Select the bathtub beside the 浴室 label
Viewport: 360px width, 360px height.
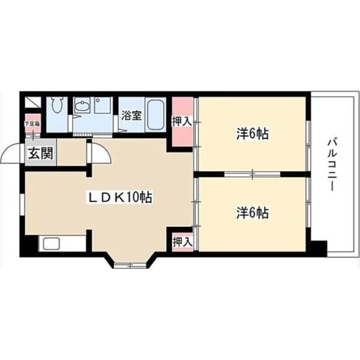coord(156,113)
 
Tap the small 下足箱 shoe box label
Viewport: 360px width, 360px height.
coord(32,124)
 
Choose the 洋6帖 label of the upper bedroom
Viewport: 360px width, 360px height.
coord(252,134)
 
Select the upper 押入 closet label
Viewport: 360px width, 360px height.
coord(182,121)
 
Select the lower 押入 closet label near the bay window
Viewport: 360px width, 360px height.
coord(182,242)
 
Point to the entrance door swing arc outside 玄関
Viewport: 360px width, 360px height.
coord(11,155)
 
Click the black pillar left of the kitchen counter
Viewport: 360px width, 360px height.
coord(29,245)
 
